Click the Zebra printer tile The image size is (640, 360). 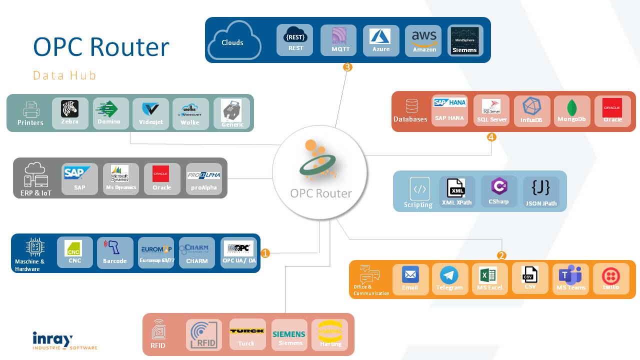tap(70, 113)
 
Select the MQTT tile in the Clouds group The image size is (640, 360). tap(338, 40)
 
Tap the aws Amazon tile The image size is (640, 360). tap(423, 40)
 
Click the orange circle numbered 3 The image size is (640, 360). tap(347, 67)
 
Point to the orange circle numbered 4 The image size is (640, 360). tap(491, 137)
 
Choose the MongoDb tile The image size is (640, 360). tap(571, 111)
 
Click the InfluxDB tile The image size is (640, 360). tap(531, 111)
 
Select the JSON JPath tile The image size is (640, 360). tap(541, 192)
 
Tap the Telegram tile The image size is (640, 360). tap(449, 279)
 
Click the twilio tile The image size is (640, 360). tap(611, 278)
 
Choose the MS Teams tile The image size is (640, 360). tap(570, 279)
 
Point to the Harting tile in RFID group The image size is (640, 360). tap(330, 334)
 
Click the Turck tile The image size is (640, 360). tap(247, 334)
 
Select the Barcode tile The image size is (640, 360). tap(114, 252)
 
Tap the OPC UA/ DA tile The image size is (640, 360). tap(238, 252)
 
